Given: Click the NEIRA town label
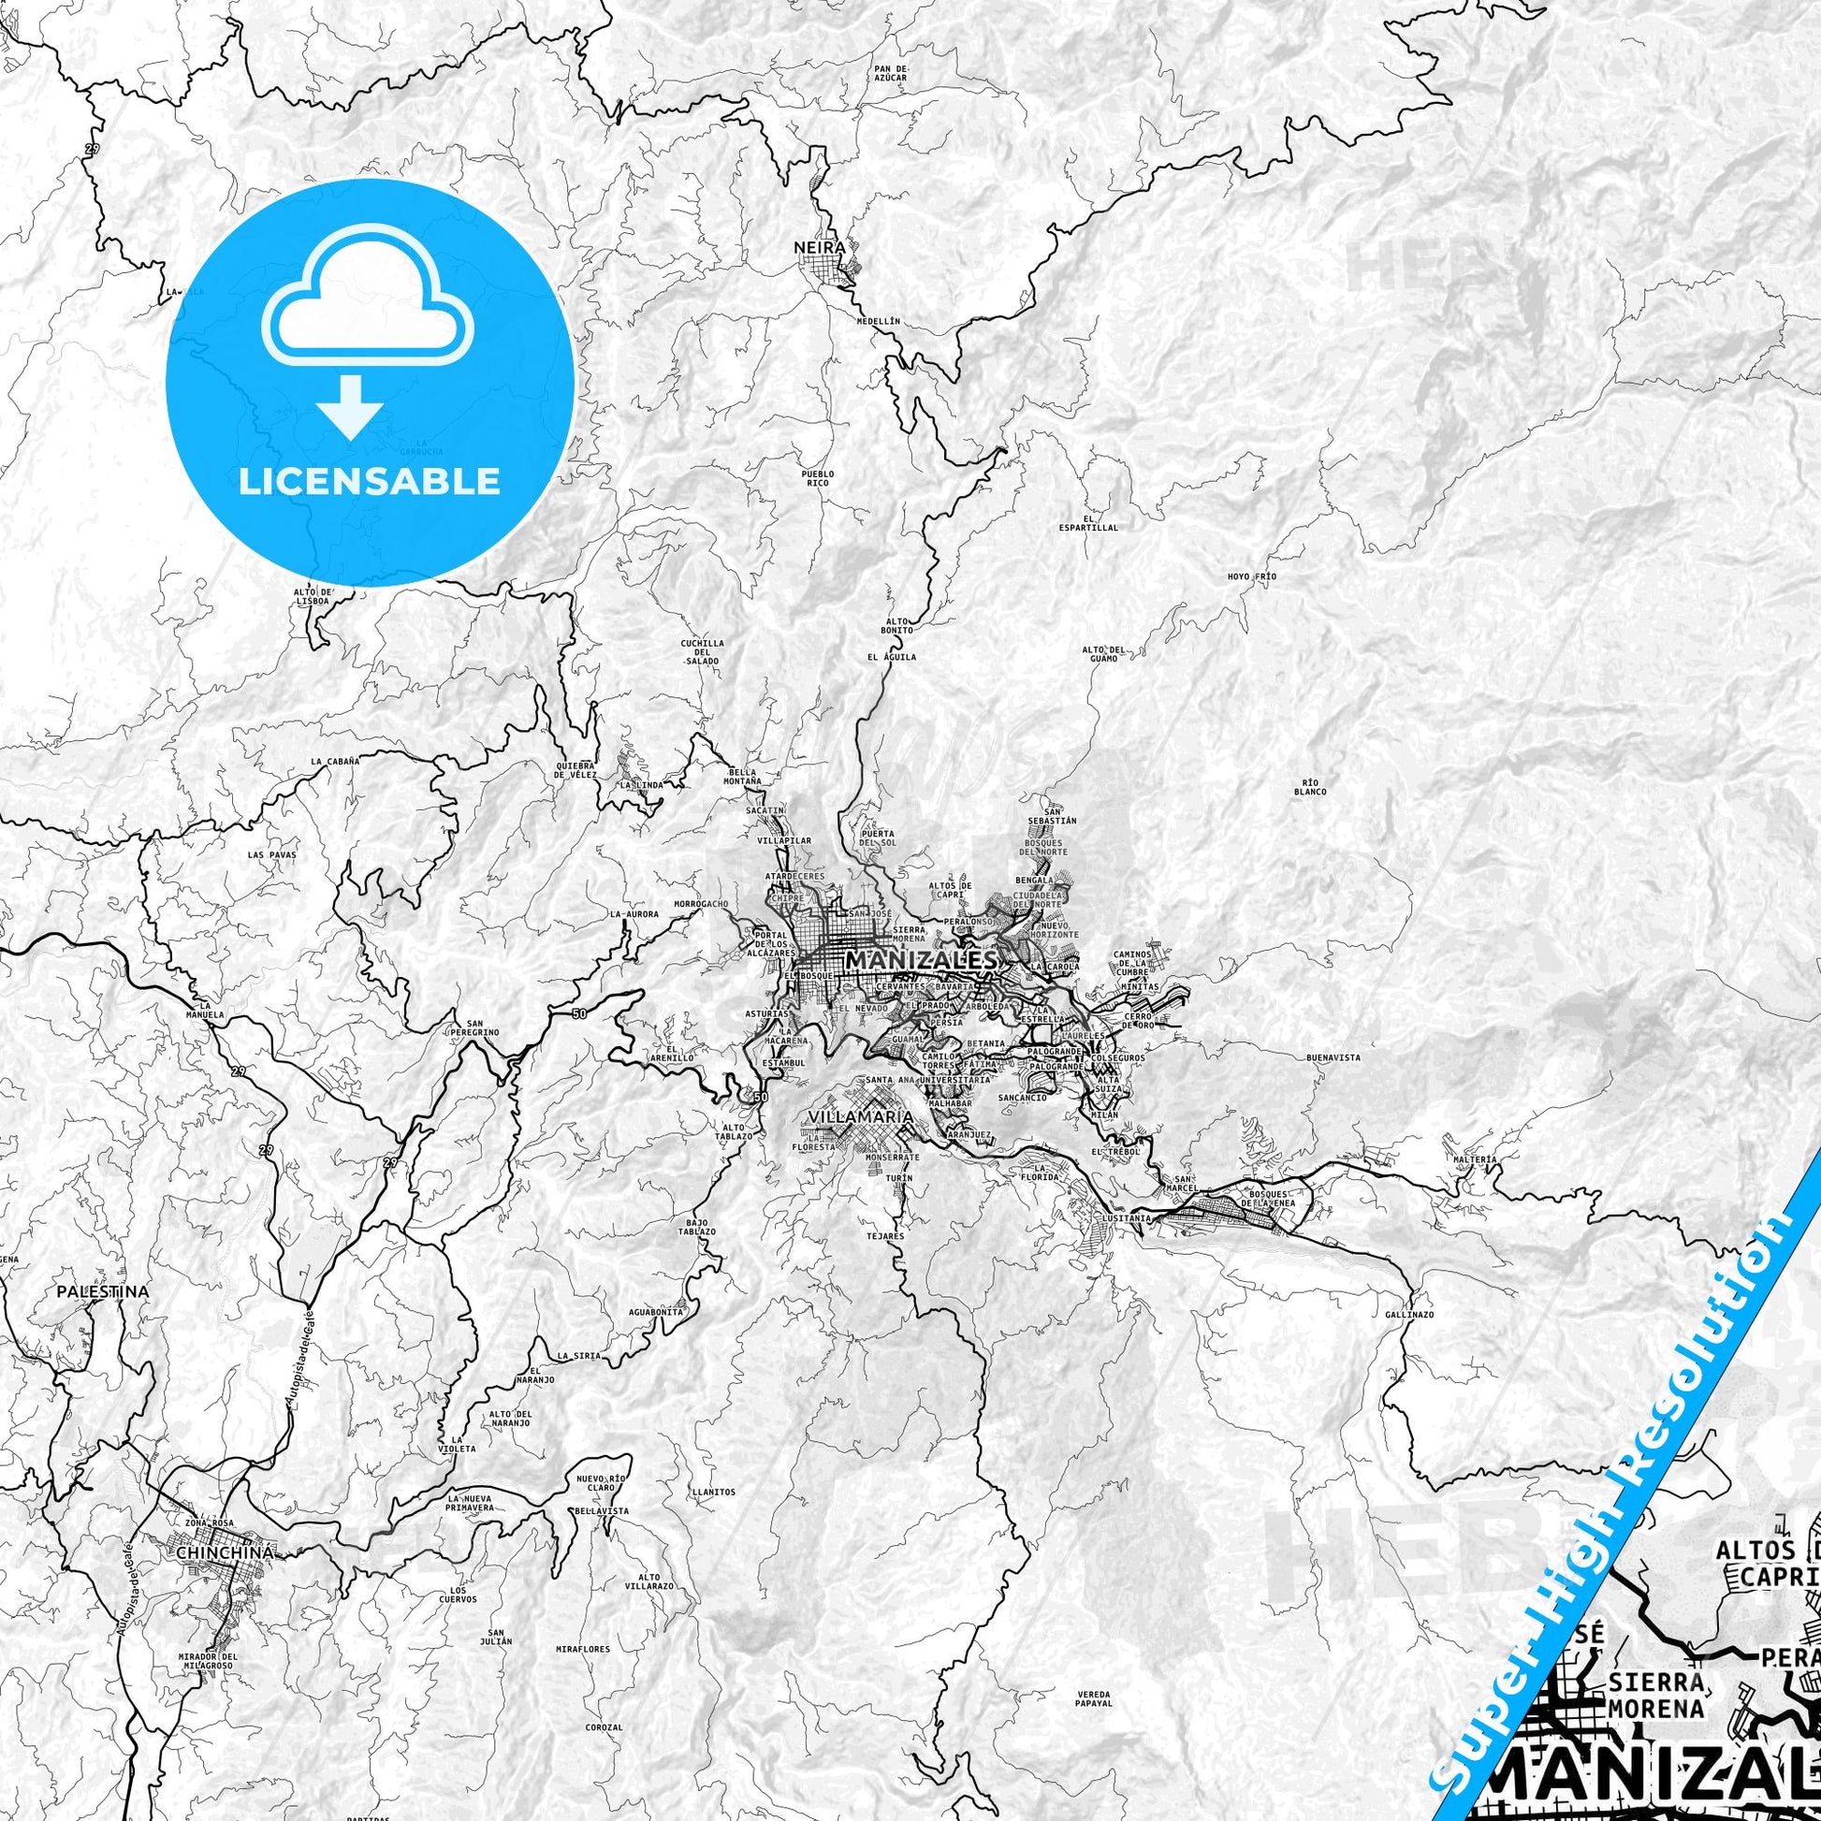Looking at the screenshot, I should pos(818,248).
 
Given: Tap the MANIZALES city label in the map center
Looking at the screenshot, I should pos(922,960).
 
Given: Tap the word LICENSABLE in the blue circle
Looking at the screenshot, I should pos(369,482).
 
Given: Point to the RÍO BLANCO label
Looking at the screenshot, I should pos(1311,787).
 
